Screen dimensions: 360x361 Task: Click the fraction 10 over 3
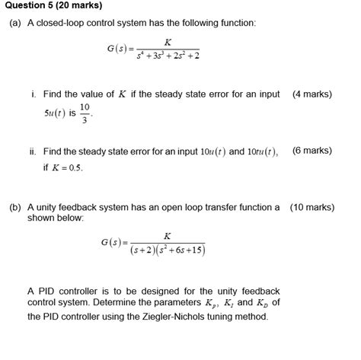(85, 113)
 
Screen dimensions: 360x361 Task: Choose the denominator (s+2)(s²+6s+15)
(167, 250)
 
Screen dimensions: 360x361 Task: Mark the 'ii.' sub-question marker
(34, 151)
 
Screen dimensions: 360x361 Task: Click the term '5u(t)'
(54, 113)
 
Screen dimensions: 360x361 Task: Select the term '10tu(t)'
(263, 151)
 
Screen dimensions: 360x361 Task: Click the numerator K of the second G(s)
(167, 236)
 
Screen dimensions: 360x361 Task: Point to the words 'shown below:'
(56, 218)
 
